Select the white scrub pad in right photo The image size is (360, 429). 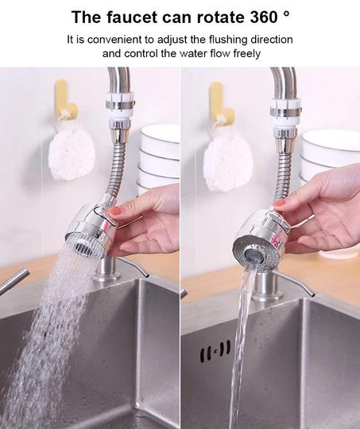227,159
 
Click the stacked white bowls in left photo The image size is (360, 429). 160,159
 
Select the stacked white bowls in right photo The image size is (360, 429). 330,159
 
